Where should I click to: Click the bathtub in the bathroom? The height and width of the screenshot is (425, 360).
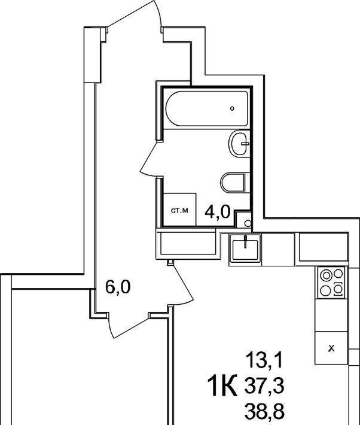pos(206,109)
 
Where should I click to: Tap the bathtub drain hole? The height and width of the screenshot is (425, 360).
pos(232,108)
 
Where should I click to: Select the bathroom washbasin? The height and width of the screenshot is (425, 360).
pos(239,144)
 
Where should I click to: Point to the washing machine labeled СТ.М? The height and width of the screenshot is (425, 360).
pos(179,210)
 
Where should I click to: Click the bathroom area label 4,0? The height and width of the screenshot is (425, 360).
pos(218,212)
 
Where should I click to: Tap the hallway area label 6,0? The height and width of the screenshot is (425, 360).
pos(118,287)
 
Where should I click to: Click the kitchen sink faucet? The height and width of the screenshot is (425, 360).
pos(245,242)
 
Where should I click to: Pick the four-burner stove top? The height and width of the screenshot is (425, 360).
pos(331,283)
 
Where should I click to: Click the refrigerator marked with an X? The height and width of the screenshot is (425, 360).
pos(331,348)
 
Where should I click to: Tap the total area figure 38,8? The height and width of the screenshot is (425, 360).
pos(264,409)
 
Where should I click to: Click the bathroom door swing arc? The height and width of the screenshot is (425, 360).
pos(150,159)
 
